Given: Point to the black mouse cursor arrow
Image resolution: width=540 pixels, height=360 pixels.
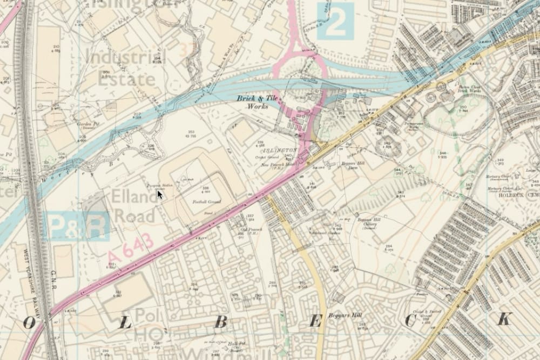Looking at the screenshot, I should (x=160, y=194).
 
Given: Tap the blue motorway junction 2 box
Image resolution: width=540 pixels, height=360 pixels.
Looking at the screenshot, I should (x=335, y=21).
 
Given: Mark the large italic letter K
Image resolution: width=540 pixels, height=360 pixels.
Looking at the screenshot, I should (x=503, y=320).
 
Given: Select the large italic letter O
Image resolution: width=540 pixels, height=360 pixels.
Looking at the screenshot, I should (x=28, y=323).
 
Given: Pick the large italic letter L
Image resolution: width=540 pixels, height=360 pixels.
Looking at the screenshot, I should (x=125, y=323).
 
